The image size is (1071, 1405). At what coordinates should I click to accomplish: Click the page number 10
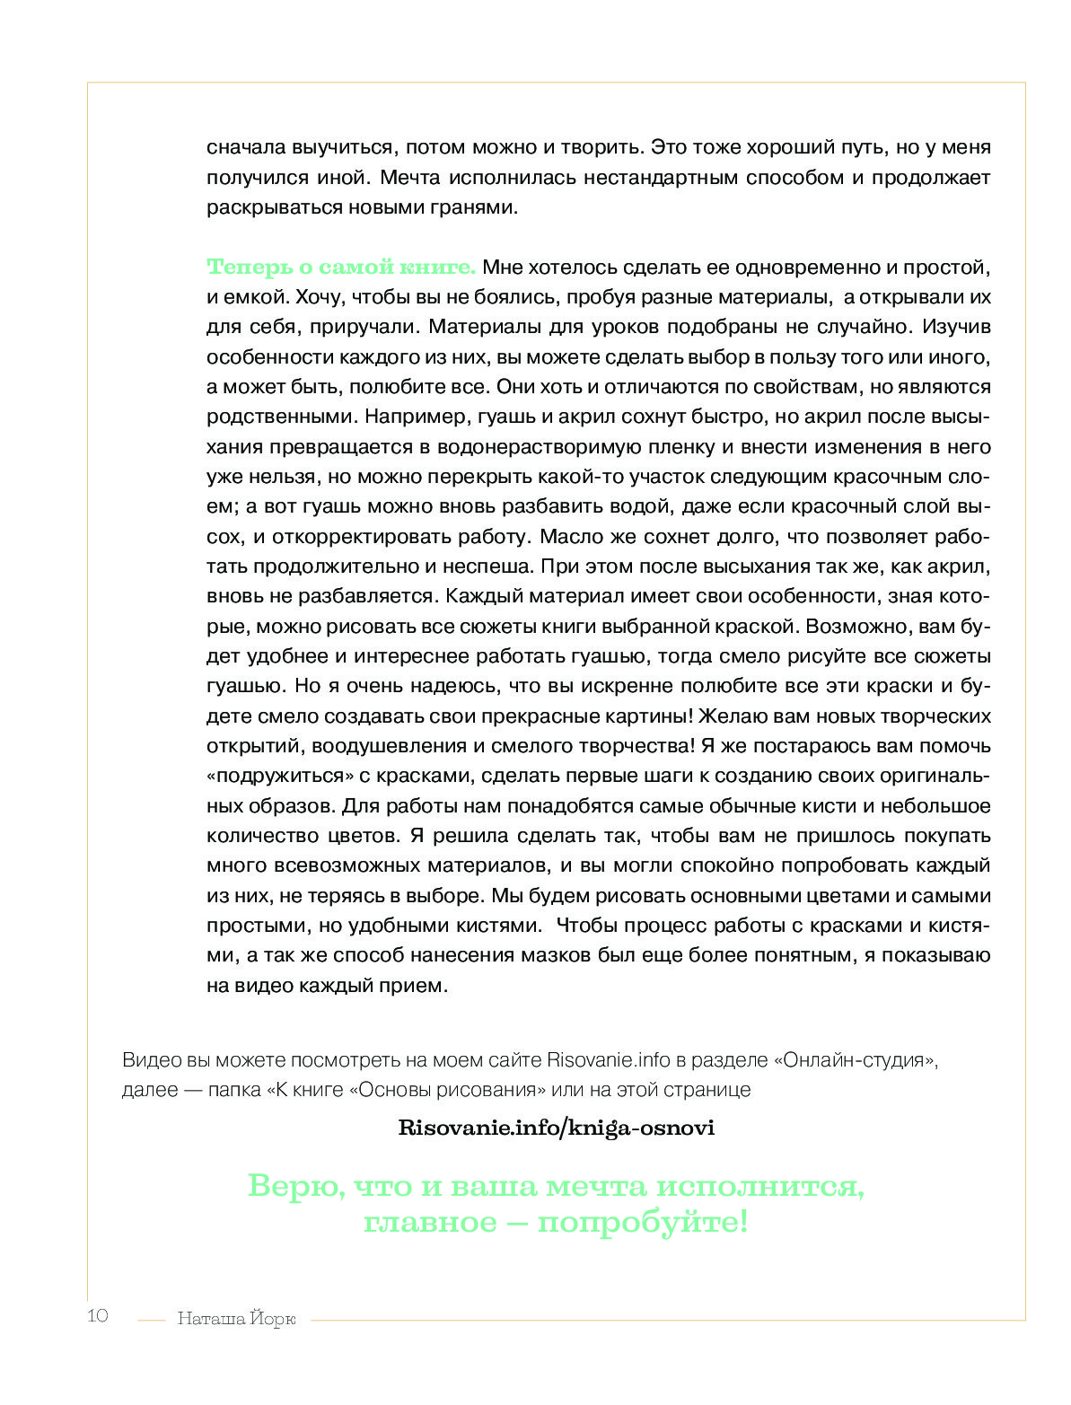pyautogui.click(x=98, y=1316)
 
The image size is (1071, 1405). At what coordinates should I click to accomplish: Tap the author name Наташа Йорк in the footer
pyautogui.click(x=236, y=1319)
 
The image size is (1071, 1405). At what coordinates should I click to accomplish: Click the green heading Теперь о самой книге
pyautogui.click(x=341, y=267)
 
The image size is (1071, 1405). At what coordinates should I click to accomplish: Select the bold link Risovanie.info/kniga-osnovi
pyautogui.click(x=556, y=1128)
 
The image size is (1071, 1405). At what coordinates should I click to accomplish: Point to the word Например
pyautogui.click(x=408, y=417)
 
